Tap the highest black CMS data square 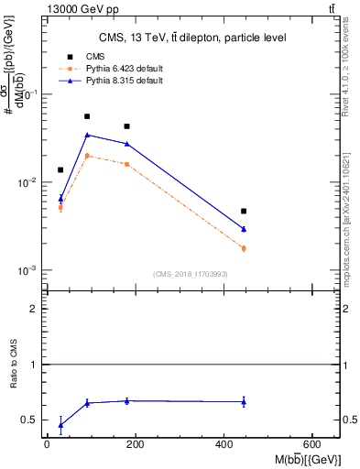point(87,116)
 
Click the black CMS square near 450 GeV point(244,212)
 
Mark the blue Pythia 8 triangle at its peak point(87,135)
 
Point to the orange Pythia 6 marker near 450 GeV point(244,248)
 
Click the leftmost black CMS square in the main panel point(60,169)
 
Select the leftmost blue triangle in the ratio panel point(60,425)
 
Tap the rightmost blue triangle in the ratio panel point(244,401)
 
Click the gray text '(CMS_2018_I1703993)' point(191,274)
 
